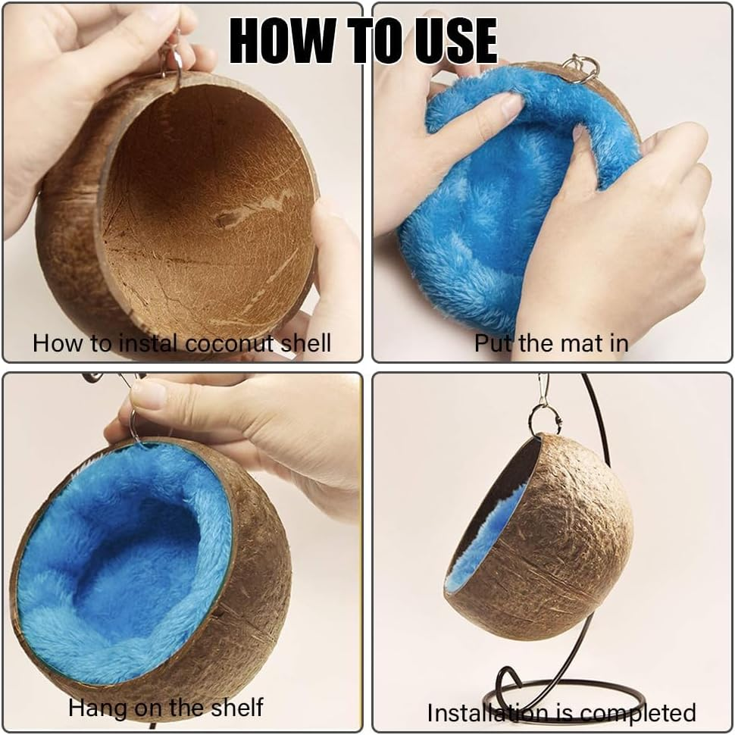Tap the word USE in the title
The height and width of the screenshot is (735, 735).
[x=455, y=40]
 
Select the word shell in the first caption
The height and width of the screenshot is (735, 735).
[x=306, y=342]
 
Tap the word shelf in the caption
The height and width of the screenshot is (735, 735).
[x=236, y=707]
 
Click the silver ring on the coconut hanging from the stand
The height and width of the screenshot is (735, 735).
[x=546, y=421]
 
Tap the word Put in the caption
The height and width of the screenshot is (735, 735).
[x=492, y=342]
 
